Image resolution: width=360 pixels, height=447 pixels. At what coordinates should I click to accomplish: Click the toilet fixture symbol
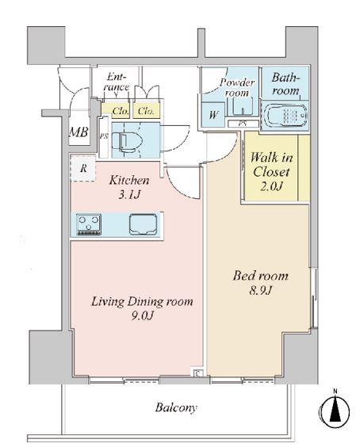pos(127,141)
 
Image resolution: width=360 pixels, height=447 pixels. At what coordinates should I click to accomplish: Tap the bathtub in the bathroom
pos(285,115)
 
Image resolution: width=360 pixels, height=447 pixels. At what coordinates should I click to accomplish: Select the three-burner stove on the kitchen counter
pos(89,224)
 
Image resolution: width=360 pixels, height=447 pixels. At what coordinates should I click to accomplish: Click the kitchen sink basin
pos(144,224)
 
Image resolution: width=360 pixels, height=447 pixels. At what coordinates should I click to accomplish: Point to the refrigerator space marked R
pos(82,168)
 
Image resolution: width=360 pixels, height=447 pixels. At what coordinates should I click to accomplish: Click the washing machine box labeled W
pos(213,115)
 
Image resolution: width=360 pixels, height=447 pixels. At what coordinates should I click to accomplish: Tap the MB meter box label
pos(79,132)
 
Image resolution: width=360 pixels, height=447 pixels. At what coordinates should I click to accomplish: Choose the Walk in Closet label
pos(271,171)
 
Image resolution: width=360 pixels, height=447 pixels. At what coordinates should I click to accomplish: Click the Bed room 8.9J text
pos(260,283)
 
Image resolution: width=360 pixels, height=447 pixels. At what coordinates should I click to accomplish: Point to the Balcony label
pos(176,407)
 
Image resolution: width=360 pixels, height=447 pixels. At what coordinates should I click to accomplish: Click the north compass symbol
pos(335,409)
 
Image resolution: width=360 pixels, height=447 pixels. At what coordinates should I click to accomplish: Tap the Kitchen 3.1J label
pos(129,187)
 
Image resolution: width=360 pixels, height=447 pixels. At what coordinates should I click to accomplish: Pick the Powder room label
pos(237,87)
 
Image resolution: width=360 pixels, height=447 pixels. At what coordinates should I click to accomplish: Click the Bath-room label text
pos(285,84)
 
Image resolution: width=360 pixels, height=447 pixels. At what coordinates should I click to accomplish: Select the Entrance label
pos(116,82)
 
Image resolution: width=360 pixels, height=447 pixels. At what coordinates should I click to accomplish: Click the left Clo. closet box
pos(116,110)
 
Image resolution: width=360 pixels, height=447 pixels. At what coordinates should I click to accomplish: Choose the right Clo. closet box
pos(146,110)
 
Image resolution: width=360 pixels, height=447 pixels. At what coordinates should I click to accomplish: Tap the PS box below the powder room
pos(243,124)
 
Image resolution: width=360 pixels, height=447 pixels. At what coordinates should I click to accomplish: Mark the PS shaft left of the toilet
pos(104,137)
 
